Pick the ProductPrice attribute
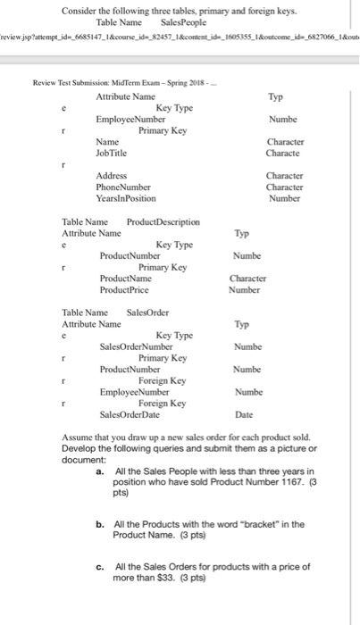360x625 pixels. click(125, 289)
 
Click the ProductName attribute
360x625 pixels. click(125, 278)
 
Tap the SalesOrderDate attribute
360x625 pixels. click(130, 414)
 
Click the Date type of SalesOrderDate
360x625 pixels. click(244, 414)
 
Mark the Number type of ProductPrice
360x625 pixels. click(244, 289)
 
